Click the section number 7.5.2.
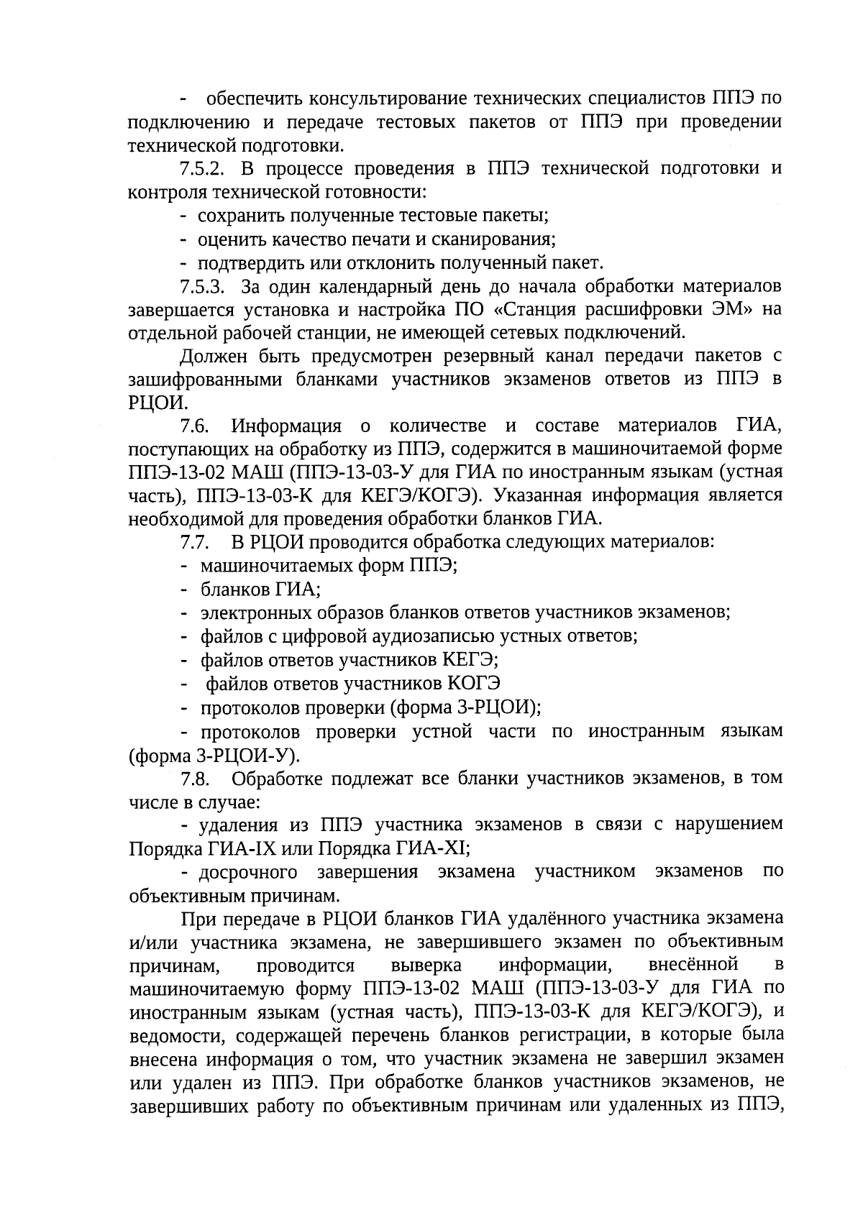pyautogui.click(x=203, y=169)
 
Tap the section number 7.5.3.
pyautogui.click(x=203, y=287)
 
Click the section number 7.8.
pyautogui.click(x=194, y=779)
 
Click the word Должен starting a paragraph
pyautogui.click(x=209, y=356)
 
